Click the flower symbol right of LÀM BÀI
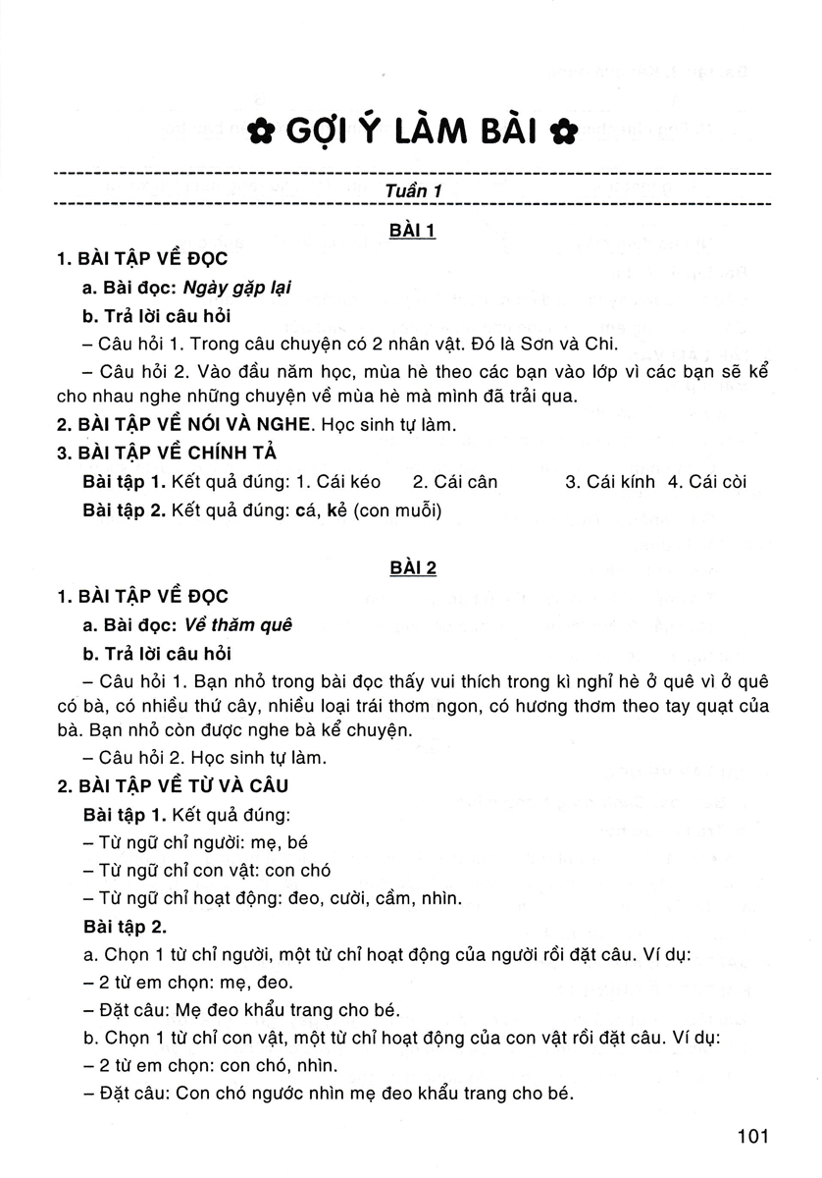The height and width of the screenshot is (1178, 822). (x=563, y=130)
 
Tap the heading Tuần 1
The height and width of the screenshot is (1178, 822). (x=411, y=191)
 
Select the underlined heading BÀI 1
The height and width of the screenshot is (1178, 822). (x=411, y=232)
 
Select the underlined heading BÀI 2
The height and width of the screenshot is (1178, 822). (x=411, y=568)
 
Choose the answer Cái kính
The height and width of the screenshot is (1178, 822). (x=610, y=482)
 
